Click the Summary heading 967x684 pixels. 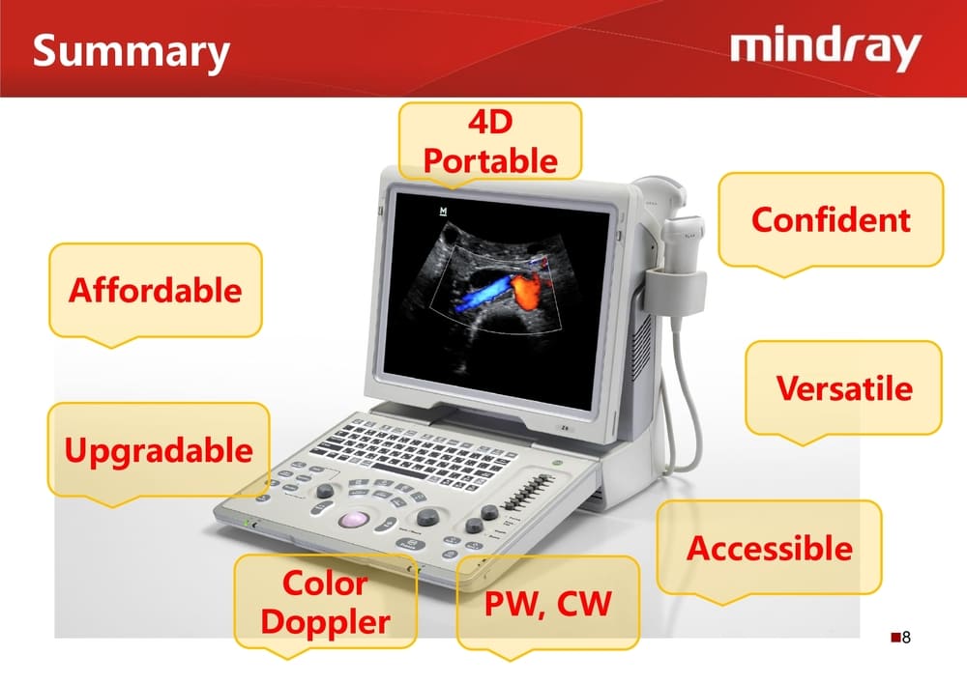tap(131, 52)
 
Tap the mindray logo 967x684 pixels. tap(826, 48)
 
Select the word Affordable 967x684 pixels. tap(156, 290)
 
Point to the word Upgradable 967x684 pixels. tap(159, 450)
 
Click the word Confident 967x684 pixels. tap(831, 219)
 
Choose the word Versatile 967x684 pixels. tap(844, 388)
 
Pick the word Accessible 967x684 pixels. tap(770, 548)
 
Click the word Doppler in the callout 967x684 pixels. tap(325, 623)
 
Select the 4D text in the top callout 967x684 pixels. tap(490, 122)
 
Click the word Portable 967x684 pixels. tap(490, 160)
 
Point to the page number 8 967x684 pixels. tap(906, 638)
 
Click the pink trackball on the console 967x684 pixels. tap(353, 520)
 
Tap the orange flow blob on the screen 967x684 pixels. tap(526, 290)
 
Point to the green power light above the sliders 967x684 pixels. tap(557, 462)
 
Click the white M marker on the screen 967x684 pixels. tap(443, 212)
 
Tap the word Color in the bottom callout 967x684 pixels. tap(325, 583)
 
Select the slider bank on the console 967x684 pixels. tap(527, 492)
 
